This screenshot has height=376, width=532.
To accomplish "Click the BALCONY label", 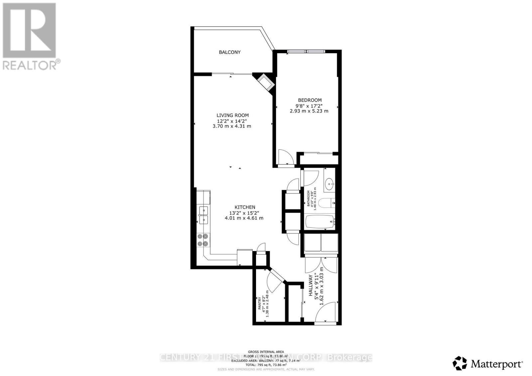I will (229, 52).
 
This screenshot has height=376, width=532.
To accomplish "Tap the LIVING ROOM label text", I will (232, 115).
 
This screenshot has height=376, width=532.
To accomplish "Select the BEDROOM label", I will (310, 100).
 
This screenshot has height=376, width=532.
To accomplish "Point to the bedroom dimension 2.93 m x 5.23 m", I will (309, 111).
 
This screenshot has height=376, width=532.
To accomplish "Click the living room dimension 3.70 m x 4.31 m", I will (232, 126).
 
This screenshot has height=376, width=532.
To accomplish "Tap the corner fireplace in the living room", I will (266, 82).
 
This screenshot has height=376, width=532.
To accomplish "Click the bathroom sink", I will (329, 183).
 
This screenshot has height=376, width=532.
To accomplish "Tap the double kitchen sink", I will (203, 215).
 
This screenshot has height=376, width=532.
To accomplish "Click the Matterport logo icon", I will (460, 363).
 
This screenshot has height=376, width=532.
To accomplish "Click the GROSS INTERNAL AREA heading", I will (266, 352).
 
